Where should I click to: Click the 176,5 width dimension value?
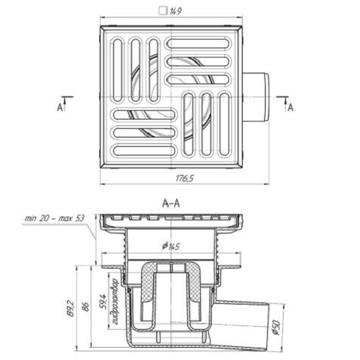184,179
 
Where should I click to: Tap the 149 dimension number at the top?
176,12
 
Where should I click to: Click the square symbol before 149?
163,11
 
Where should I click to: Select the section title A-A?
171,204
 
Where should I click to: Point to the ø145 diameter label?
171,246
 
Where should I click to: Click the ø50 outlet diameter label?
276,328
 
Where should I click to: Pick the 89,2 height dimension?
71,309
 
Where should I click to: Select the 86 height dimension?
86,307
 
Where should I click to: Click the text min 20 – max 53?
55,218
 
